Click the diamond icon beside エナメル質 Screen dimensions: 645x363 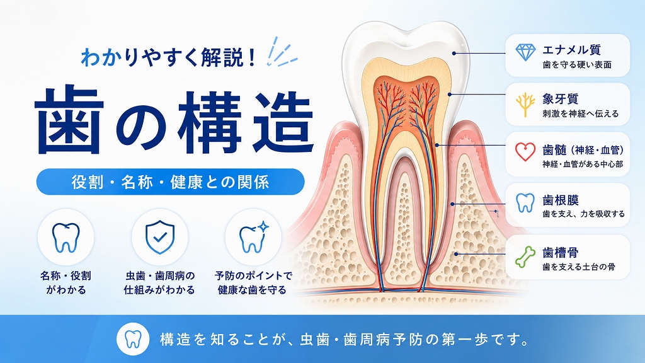(525, 52)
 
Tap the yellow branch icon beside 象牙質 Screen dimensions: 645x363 (525, 105)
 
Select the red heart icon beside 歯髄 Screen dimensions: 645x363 (525, 152)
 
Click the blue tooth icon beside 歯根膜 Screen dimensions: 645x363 (525, 203)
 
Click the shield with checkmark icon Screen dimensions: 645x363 (160, 237)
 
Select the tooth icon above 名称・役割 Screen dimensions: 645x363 (66, 238)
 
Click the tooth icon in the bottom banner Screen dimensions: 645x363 (132, 340)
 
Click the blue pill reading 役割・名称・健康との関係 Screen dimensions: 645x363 (170, 181)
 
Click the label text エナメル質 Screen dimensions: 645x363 (571, 50)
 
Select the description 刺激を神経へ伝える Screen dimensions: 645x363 (580, 113)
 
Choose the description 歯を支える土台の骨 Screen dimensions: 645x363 (579, 267)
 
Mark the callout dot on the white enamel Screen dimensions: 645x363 (454, 53)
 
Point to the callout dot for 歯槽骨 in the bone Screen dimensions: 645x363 (456, 254)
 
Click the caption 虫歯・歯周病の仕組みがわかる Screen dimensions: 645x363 (159, 283)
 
